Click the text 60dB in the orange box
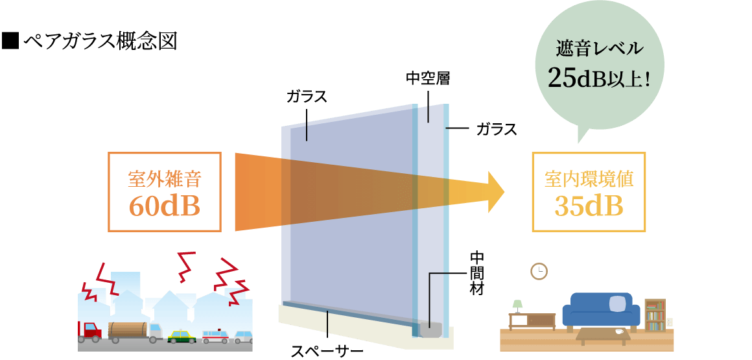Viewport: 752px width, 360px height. (x=164, y=206)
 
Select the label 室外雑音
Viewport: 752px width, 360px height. (x=164, y=178)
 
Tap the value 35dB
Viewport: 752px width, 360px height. (x=589, y=206)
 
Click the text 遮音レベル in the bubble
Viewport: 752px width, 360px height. (x=599, y=49)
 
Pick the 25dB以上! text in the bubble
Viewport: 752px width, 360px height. (x=599, y=78)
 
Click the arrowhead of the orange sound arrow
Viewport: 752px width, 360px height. (x=496, y=192)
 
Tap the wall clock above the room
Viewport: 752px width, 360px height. (x=539, y=271)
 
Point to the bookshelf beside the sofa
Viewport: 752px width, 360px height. (x=655, y=315)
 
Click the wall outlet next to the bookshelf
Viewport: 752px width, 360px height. (x=670, y=322)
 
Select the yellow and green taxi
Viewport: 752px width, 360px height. (x=182, y=336)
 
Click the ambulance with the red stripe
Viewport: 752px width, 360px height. (x=215, y=337)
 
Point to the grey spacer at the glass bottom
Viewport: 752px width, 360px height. (x=430, y=331)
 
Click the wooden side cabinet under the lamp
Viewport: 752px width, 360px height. (x=532, y=320)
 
